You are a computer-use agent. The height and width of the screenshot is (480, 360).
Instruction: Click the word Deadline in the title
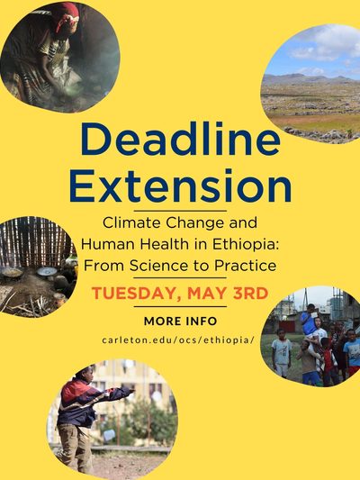point(181,140)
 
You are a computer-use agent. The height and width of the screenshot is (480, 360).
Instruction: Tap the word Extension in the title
point(181,186)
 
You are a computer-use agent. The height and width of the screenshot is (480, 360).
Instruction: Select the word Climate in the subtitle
point(132,222)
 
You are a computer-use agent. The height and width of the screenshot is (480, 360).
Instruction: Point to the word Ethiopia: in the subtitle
point(246,244)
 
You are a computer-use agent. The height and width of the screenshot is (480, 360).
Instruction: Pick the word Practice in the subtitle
point(245,265)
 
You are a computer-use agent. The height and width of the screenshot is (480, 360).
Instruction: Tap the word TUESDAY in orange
point(137,294)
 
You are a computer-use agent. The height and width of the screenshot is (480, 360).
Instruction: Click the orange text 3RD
point(250,294)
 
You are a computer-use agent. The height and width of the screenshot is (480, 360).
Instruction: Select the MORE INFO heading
point(181,322)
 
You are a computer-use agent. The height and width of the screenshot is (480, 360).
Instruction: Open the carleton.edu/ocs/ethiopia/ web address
point(178,340)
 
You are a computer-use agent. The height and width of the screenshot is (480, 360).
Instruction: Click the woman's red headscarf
point(67,14)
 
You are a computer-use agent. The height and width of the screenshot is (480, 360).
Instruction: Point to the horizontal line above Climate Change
point(181,211)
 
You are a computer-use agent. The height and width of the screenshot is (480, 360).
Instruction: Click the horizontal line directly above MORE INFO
point(181,306)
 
